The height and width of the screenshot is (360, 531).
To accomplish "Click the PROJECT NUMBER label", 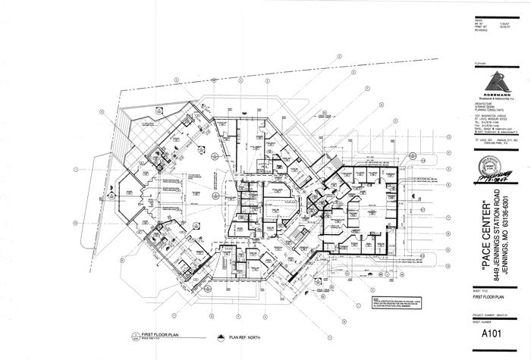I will [482, 308].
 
